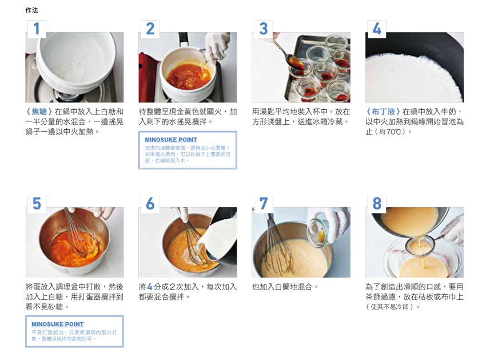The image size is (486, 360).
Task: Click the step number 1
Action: (37, 29)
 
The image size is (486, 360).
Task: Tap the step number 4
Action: (377, 29)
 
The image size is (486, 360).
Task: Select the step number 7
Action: (264, 204)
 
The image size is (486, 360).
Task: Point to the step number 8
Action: (377, 204)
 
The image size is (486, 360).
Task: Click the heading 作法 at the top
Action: (31, 10)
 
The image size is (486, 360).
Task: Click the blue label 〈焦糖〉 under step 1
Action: (39, 112)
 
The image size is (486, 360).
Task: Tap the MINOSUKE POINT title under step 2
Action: (171, 140)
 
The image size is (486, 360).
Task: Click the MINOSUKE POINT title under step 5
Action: (57, 325)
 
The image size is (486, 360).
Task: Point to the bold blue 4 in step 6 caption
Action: (150, 287)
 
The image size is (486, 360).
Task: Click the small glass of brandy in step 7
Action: (317, 233)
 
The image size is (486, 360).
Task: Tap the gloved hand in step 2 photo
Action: (218, 46)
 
